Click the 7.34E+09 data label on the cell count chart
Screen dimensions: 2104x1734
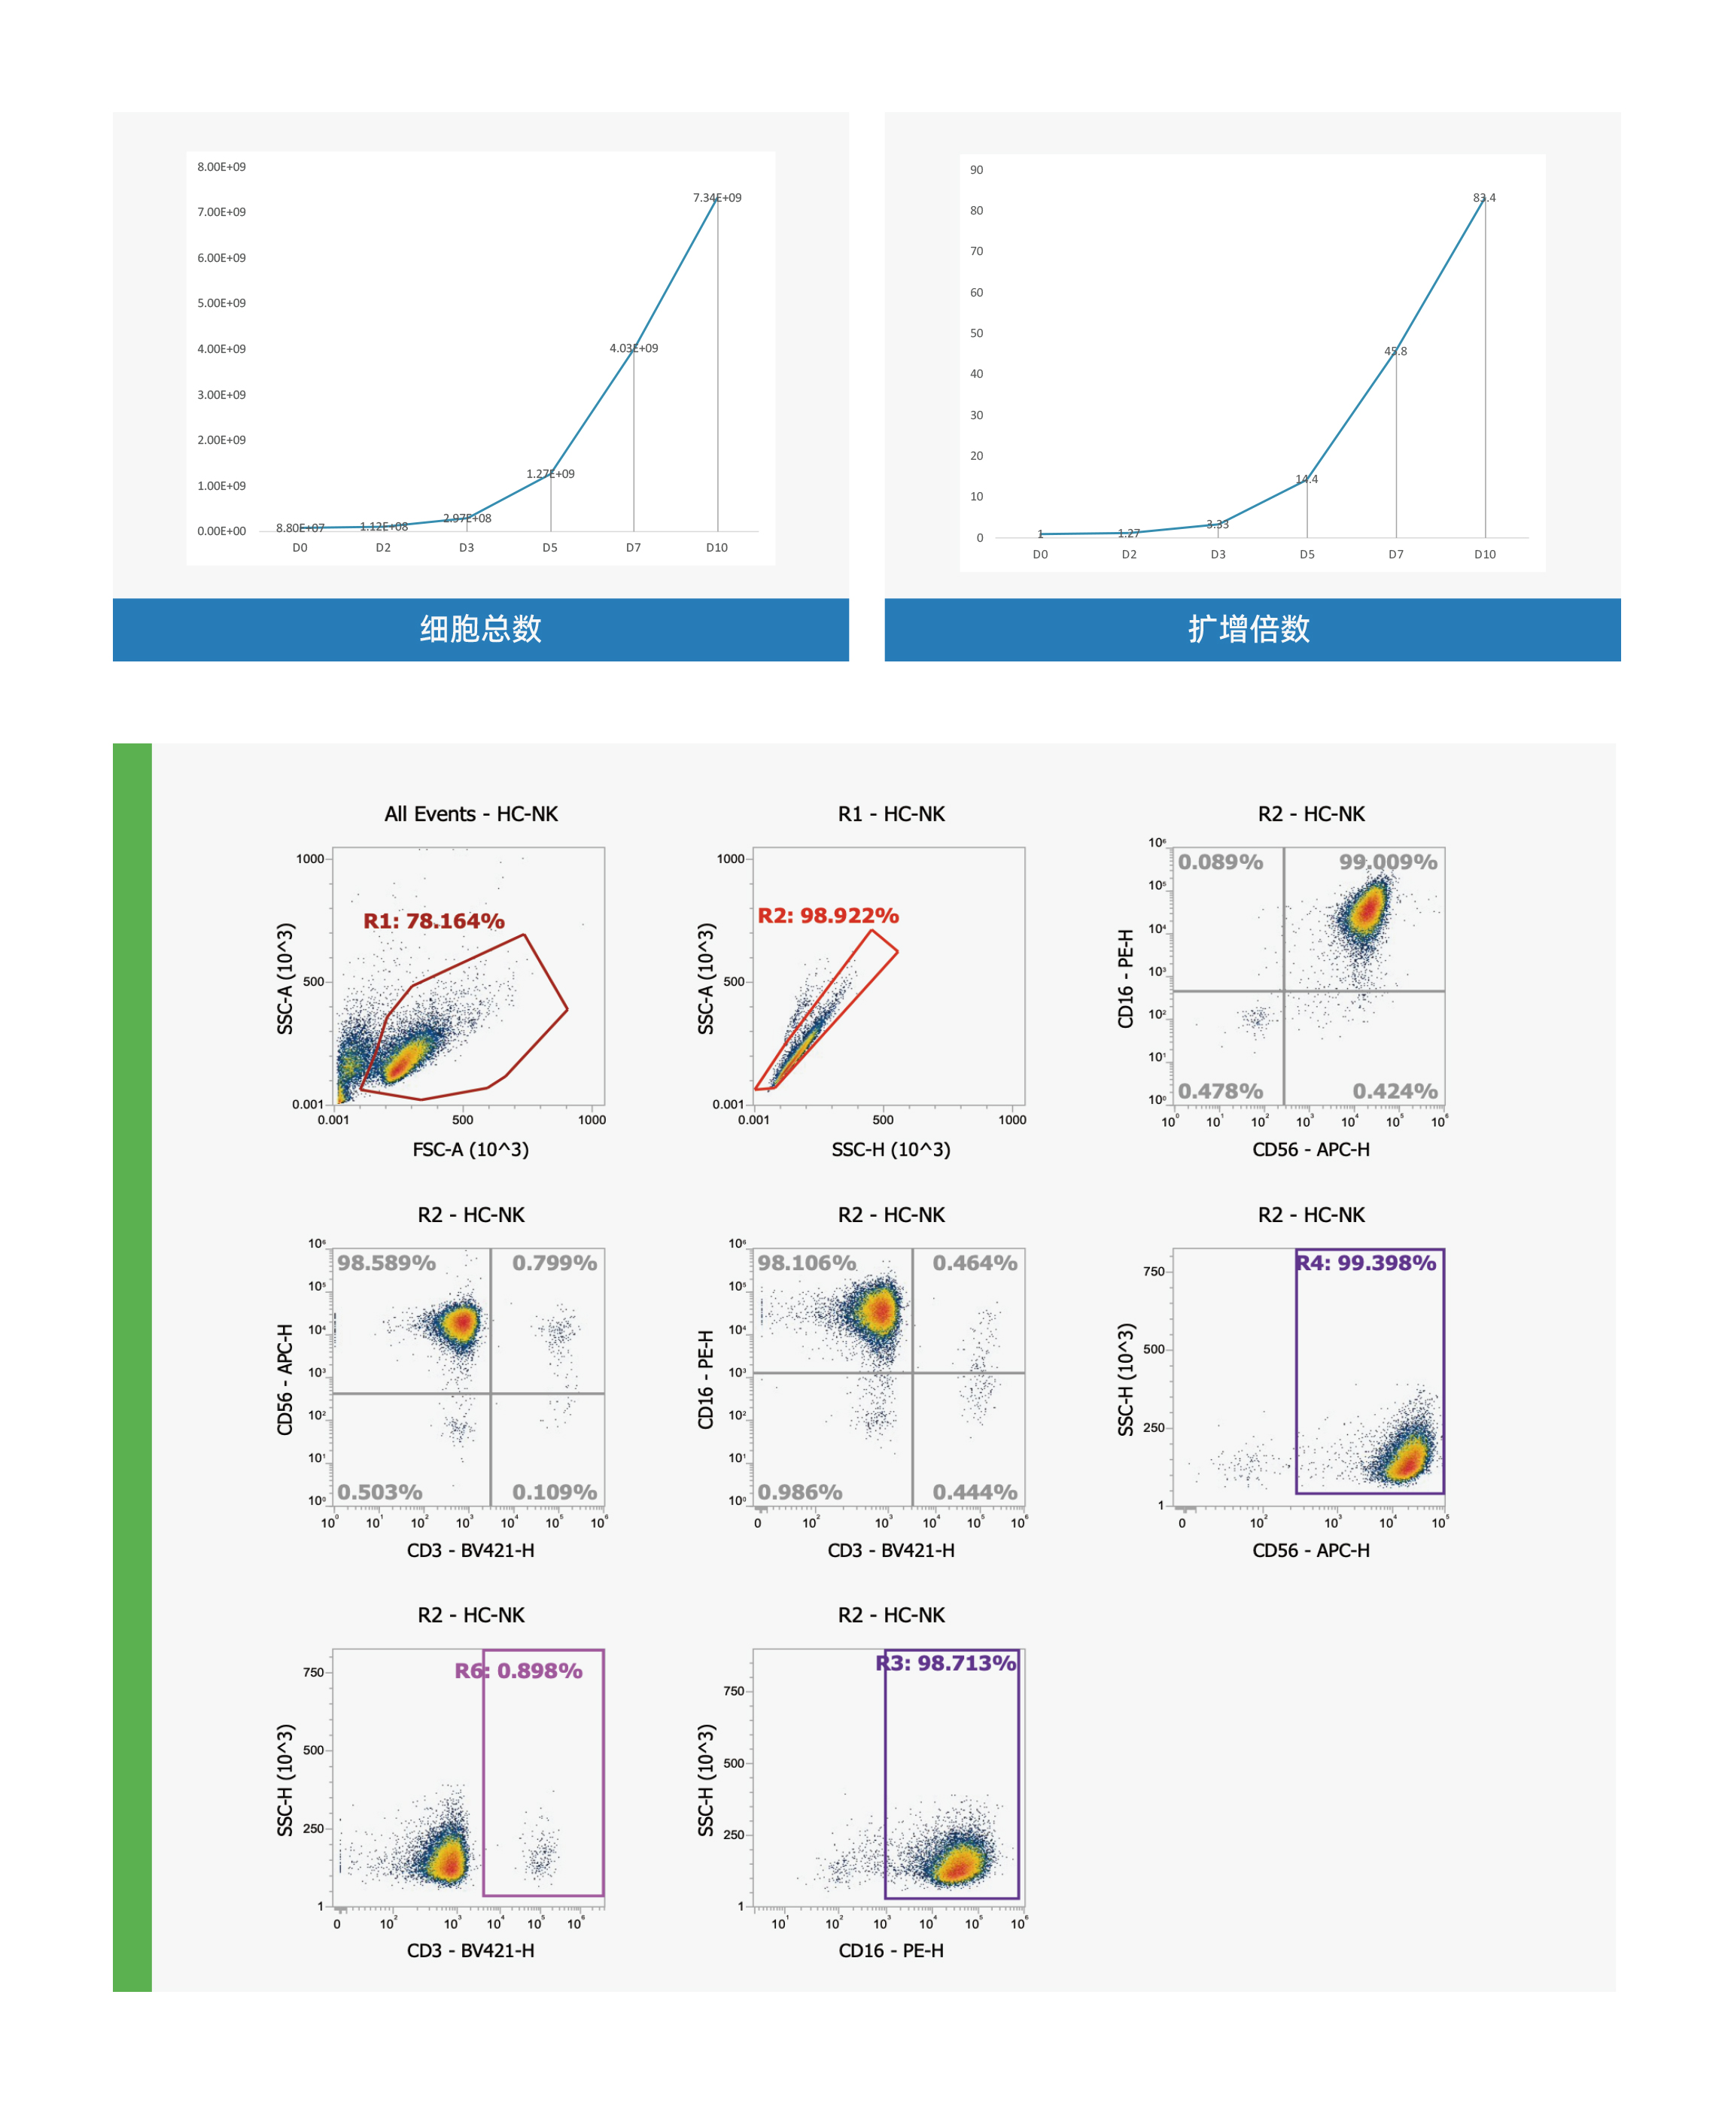click(x=716, y=198)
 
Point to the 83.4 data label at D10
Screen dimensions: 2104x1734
click(x=1483, y=198)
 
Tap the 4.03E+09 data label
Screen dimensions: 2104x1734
click(x=633, y=348)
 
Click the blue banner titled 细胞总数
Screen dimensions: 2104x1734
click(x=480, y=629)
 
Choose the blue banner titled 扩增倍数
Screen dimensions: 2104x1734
click(x=1252, y=629)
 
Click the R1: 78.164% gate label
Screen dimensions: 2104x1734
click(x=433, y=920)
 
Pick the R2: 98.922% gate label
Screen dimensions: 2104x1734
click(x=828, y=916)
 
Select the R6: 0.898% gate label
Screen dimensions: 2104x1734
click(x=519, y=1671)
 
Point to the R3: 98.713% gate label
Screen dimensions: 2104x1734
click(x=946, y=1662)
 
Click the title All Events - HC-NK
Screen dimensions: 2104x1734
click(x=471, y=814)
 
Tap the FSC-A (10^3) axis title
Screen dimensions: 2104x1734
click(x=470, y=1149)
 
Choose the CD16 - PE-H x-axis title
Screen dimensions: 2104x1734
click(x=891, y=1950)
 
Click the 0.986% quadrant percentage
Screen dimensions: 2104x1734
click(x=799, y=1492)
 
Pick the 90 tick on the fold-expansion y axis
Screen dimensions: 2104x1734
click(x=976, y=170)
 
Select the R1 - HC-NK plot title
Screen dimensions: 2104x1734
click(x=891, y=814)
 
